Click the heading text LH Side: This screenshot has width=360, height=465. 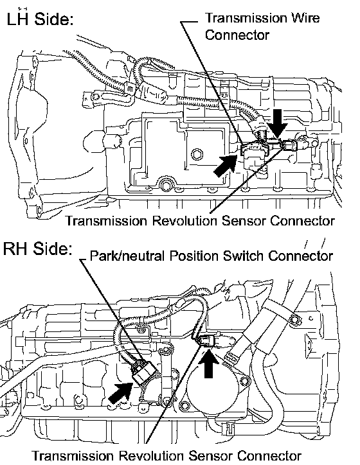tap(40, 19)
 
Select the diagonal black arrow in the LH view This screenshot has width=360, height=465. tap(225, 166)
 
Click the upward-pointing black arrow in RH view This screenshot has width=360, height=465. tap(209, 364)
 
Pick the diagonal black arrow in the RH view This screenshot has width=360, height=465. tap(120, 392)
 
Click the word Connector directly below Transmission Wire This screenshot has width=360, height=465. tap(237, 35)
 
